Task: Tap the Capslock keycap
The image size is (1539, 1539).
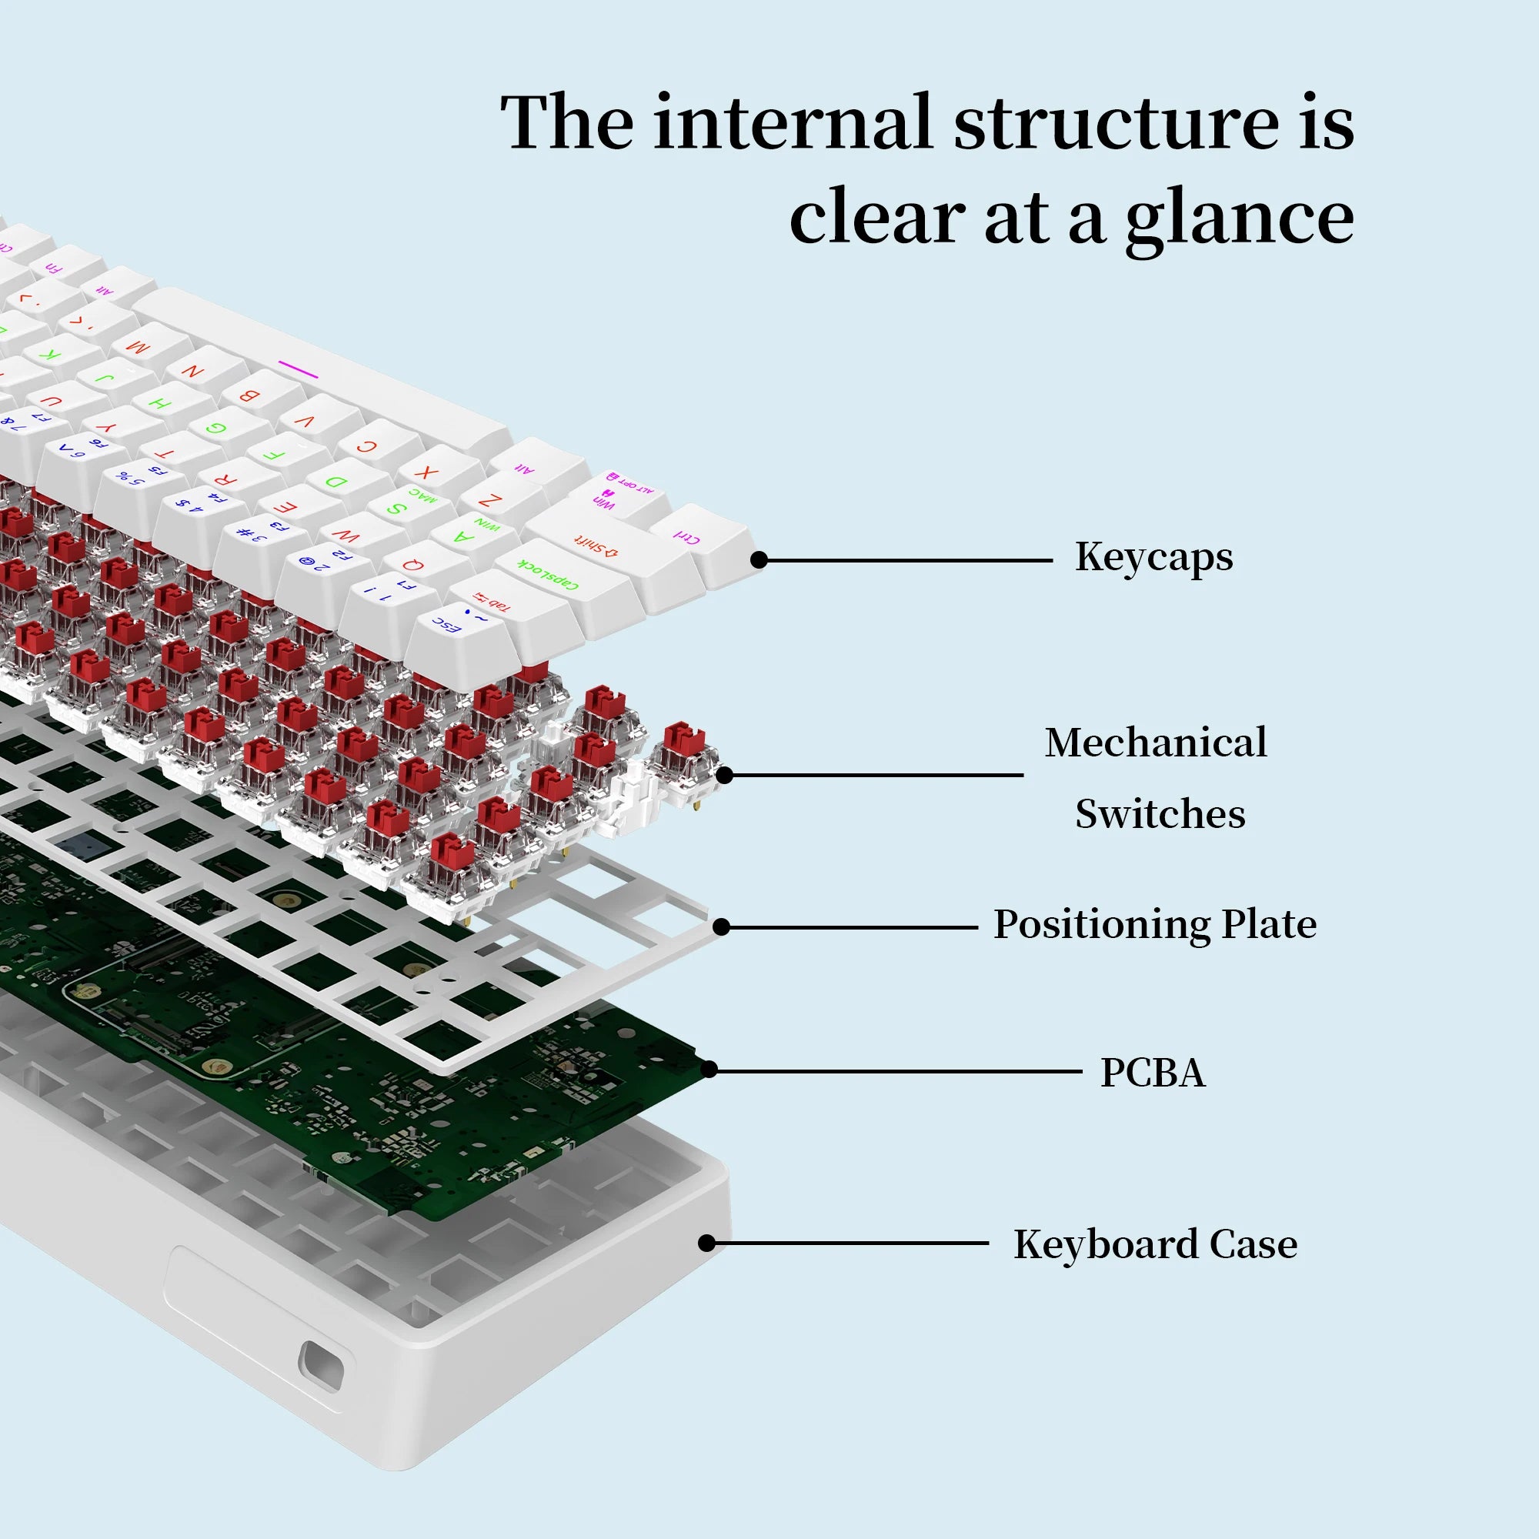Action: point(549,573)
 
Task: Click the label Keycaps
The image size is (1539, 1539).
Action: point(1153,558)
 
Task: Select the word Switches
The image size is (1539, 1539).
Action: point(1160,814)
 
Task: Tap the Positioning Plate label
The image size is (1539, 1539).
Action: point(1154,925)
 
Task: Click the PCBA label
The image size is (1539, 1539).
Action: point(1153,1073)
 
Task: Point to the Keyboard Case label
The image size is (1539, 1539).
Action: point(1155,1245)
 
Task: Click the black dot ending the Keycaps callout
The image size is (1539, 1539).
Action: point(759,560)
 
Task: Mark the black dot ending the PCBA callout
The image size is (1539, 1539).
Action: point(708,1070)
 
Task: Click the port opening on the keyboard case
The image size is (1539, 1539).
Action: point(321,1367)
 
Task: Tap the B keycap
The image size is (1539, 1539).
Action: point(249,394)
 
